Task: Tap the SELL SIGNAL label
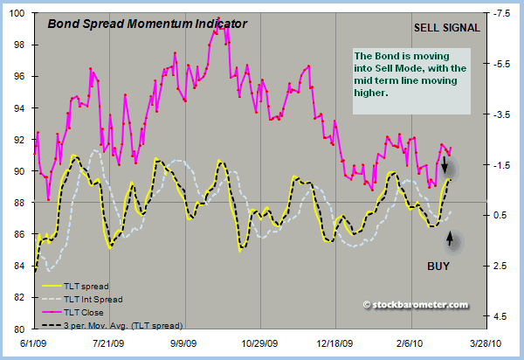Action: click(x=447, y=27)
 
